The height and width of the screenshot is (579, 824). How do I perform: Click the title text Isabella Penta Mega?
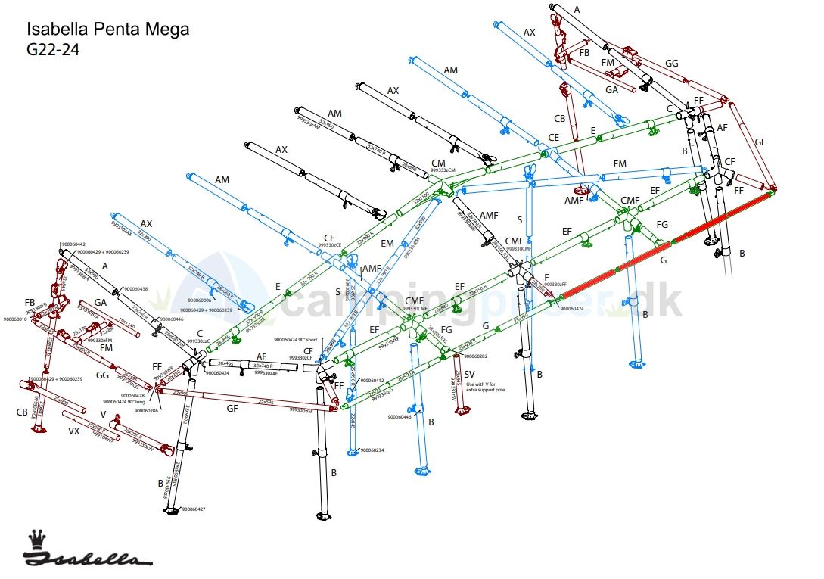pos(107,30)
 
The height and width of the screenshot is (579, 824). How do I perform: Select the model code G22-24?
pos(53,51)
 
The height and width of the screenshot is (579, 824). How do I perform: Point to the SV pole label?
pos(469,375)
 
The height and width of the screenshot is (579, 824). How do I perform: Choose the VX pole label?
pos(74,431)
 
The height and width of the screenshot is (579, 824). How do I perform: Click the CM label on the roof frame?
pos(438,163)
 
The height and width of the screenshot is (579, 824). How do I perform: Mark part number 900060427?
pos(193,509)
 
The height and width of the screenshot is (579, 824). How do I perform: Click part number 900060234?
pos(372,450)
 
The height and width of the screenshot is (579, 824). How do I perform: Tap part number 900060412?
pos(372,380)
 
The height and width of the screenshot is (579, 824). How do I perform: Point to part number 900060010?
pos(15,319)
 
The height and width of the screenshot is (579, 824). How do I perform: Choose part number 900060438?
pos(136,288)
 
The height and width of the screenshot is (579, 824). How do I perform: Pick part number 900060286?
pos(146,410)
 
